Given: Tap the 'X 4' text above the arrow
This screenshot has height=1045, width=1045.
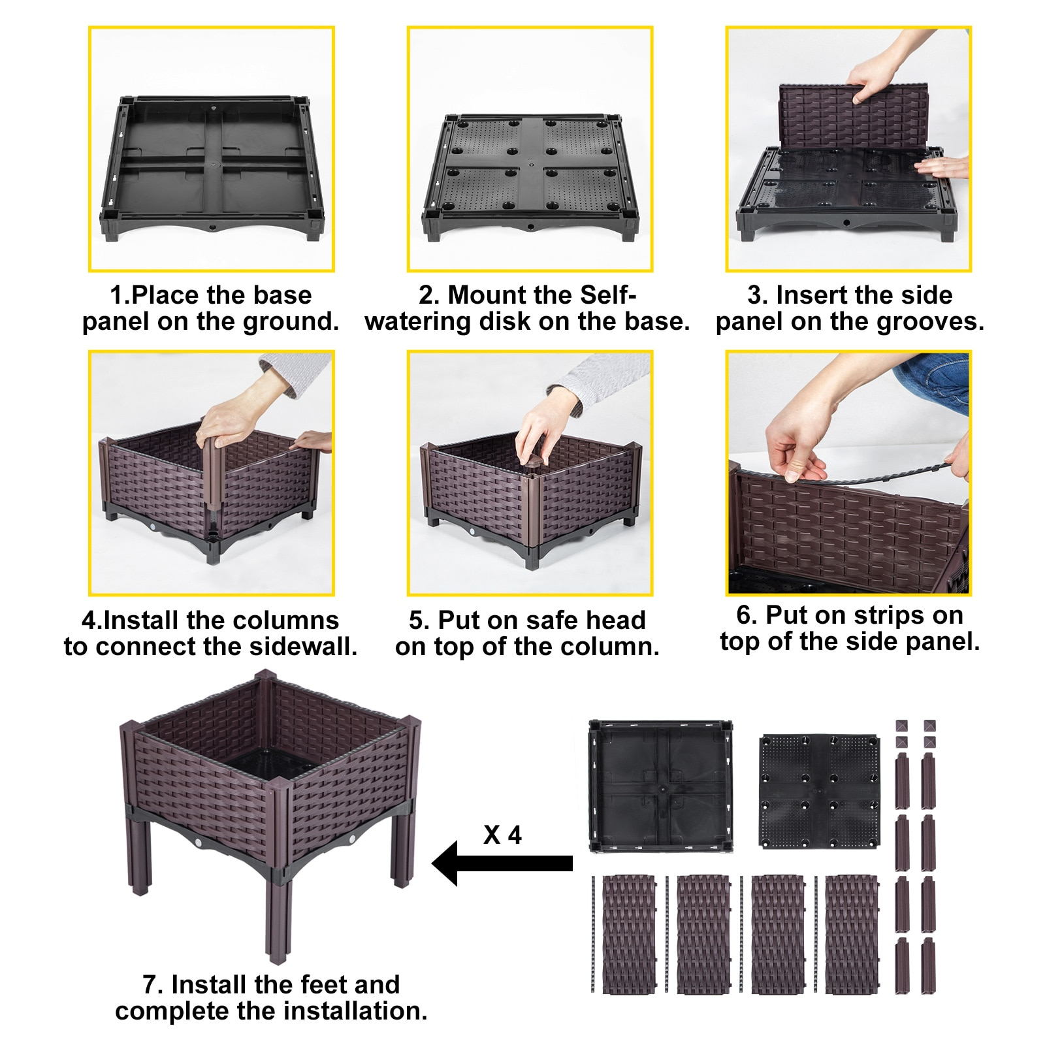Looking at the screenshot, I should pyautogui.click(x=502, y=835).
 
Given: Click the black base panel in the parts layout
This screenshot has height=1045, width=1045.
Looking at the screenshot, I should pyautogui.click(x=660, y=786).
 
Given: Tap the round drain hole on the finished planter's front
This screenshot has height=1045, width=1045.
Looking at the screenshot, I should pyautogui.click(x=200, y=843).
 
